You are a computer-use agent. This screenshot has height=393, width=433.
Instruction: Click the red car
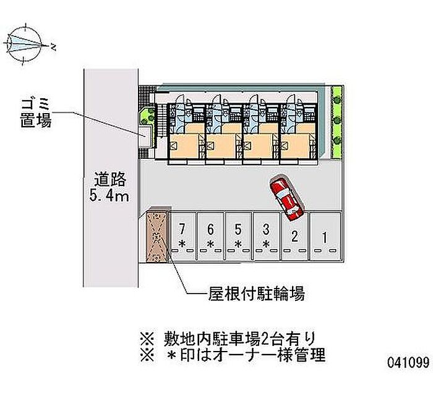tap(285, 198)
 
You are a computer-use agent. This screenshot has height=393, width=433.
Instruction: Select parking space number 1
tap(324, 238)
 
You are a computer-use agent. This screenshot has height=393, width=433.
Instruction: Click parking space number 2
tap(296, 238)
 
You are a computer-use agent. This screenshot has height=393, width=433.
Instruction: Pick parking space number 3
tap(266, 238)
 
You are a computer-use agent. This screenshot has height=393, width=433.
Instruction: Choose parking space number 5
tap(238, 238)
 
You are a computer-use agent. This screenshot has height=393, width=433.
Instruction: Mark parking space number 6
tap(210, 238)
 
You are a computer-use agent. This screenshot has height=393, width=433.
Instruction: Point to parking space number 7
tap(182, 238)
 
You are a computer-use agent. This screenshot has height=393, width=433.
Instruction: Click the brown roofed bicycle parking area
tap(158, 235)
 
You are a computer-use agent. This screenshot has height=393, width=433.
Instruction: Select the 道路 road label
tap(111, 180)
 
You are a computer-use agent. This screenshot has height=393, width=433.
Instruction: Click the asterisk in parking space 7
tap(182, 245)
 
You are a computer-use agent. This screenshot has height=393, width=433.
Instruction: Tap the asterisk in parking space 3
tap(266, 245)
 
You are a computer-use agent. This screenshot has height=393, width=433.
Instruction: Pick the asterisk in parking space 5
tap(238, 245)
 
